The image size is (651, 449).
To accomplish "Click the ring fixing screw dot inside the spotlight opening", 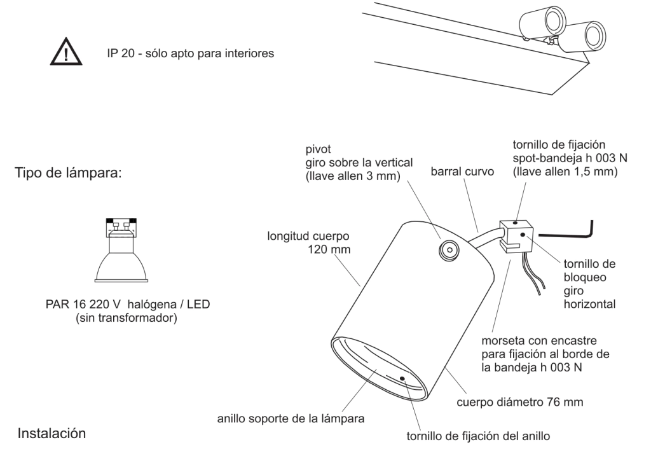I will coord(404,379).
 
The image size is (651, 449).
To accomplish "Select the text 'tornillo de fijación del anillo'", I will coord(483,437).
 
